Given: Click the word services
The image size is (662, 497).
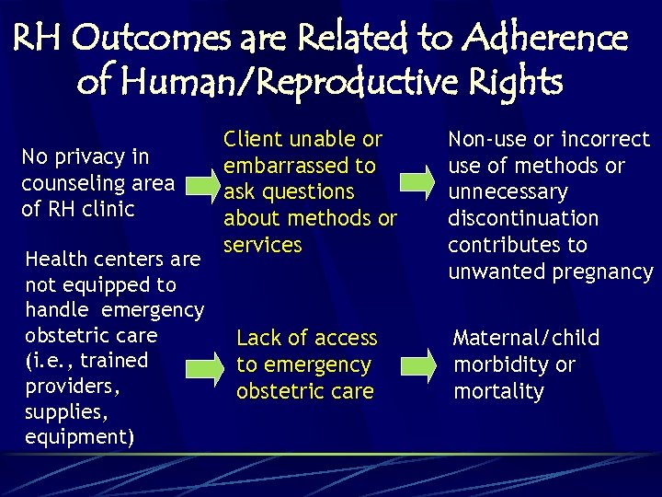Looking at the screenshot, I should [263, 245].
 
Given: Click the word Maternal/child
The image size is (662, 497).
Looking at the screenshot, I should [526, 339].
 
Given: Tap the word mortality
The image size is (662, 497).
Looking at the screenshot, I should [498, 392].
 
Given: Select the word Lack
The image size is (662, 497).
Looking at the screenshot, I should [257, 339].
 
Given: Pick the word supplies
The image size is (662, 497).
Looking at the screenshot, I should [62, 411].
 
